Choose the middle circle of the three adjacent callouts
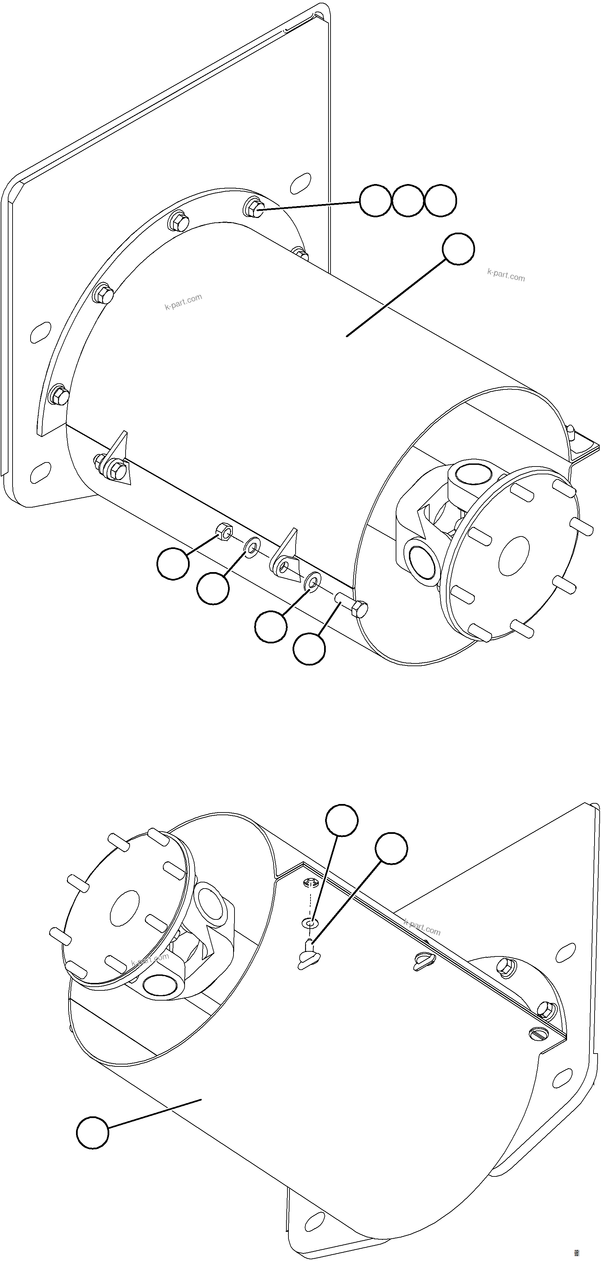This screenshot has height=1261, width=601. pos(408,201)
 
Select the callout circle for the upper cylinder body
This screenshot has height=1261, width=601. pos(458,249)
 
